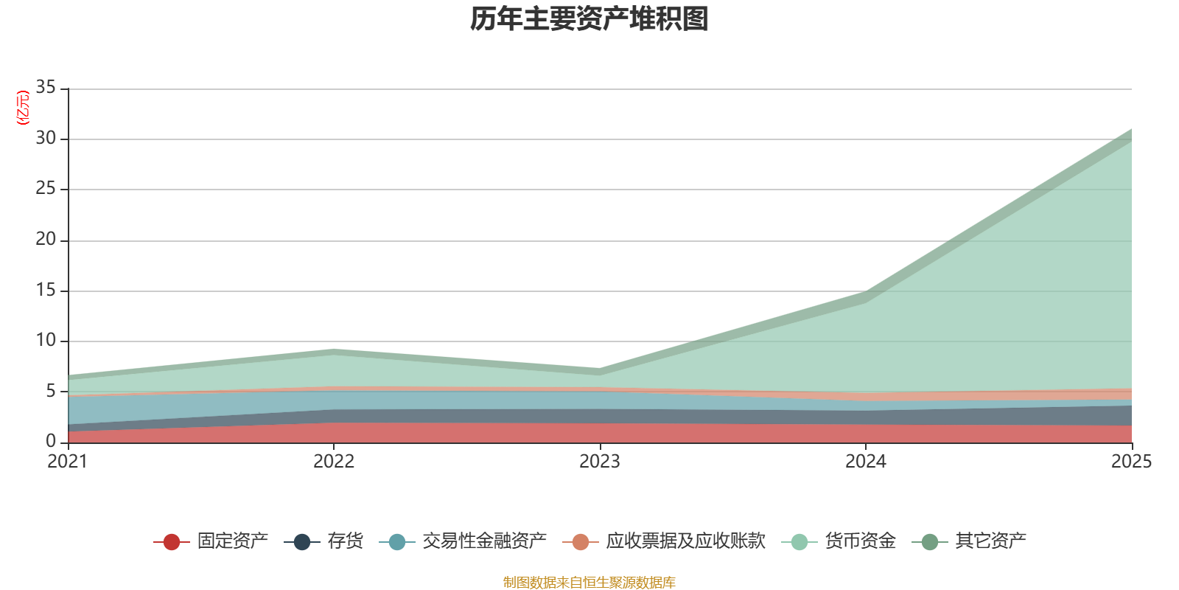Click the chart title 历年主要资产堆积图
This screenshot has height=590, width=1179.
pyautogui.click(x=589, y=19)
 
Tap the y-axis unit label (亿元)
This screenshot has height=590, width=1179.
pyautogui.click(x=23, y=108)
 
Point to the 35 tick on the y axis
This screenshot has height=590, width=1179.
pyautogui.click(x=46, y=88)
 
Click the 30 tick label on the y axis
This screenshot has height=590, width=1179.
pyautogui.click(x=46, y=138)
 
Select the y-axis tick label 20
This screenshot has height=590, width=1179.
pyautogui.click(x=46, y=239)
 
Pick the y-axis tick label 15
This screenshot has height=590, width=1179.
pyautogui.click(x=46, y=290)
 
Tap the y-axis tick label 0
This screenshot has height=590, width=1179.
pyautogui.click(x=51, y=441)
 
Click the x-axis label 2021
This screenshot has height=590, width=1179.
pyautogui.click(x=67, y=462)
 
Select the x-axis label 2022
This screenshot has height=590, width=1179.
pyautogui.click(x=334, y=462)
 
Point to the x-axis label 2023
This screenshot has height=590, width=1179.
pyautogui.click(x=600, y=462)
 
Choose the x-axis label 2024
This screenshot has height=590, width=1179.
pyautogui.click(x=866, y=462)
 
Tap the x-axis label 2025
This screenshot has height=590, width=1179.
pyautogui.click(x=1132, y=462)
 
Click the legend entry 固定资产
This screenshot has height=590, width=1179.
pyautogui.click(x=211, y=541)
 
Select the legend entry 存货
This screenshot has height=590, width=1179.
pyautogui.click(x=323, y=541)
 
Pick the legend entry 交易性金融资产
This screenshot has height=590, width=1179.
pyautogui.click(x=463, y=541)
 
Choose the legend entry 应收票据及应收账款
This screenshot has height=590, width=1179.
pyautogui.click(x=664, y=541)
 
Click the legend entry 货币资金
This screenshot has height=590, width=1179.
pyautogui.click(x=839, y=541)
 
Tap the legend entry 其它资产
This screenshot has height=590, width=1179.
pyautogui.click(x=969, y=541)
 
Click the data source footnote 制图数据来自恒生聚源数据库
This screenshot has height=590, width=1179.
pyautogui.click(x=589, y=582)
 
